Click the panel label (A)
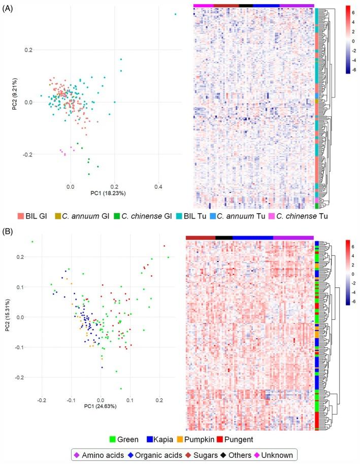coord(8,10)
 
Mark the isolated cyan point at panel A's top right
coord(175,14)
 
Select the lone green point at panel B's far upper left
coord(32,242)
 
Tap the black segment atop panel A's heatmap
coord(246,6)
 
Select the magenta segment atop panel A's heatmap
coord(203,6)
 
